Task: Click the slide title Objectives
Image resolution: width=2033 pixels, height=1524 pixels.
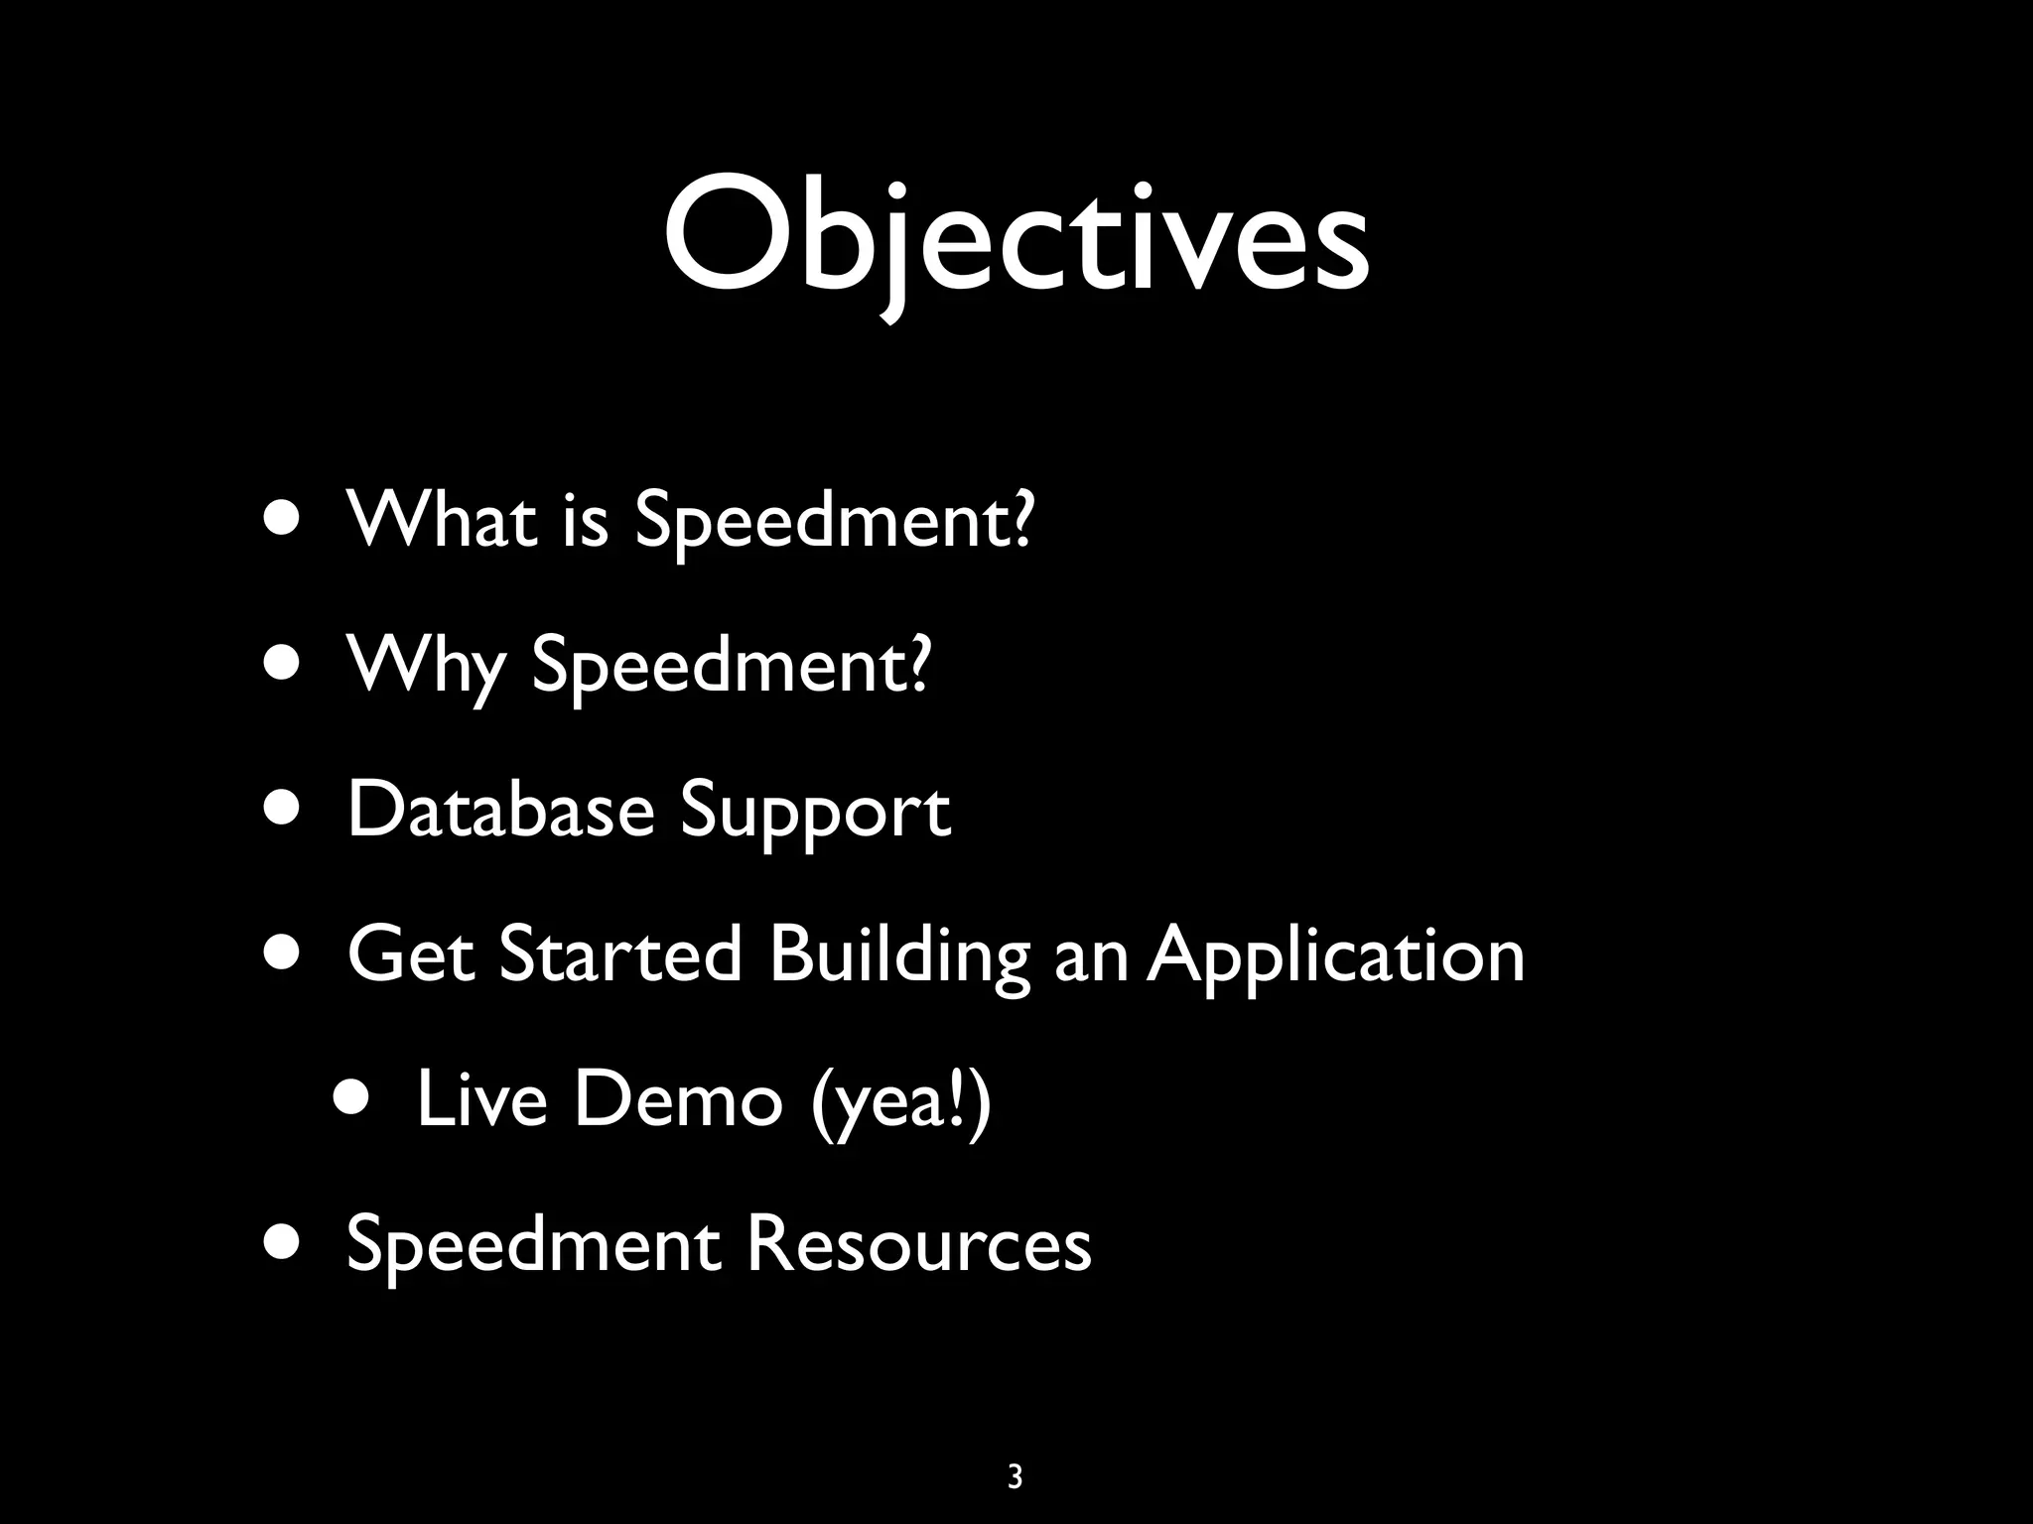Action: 1016,238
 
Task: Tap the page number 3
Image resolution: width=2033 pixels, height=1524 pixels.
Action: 1015,1477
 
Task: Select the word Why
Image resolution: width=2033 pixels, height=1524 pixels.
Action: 426,664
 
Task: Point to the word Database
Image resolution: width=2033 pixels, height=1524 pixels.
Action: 500,810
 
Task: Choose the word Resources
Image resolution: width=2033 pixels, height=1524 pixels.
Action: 918,1244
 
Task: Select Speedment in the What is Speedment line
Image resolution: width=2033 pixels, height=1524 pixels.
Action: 834,520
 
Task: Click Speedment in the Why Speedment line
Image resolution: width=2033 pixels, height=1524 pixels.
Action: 733,666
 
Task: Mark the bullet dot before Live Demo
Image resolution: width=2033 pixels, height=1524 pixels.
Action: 354,1097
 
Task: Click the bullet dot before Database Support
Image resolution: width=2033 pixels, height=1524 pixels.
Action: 283,808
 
